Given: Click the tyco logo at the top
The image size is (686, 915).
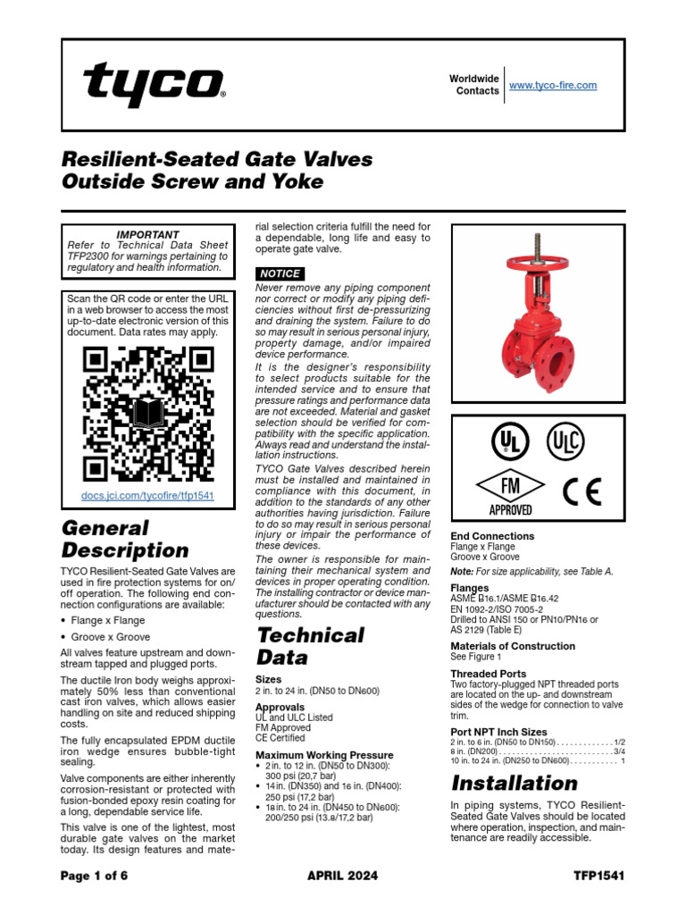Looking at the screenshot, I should pos(154,86).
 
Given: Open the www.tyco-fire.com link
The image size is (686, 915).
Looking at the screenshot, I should pos(552,86).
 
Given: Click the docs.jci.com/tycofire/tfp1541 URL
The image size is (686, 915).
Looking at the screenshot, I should pos(147,495).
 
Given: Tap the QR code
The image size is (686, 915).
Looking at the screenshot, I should pos(148,412).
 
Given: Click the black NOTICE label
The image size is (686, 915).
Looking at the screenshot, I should pos(280,273).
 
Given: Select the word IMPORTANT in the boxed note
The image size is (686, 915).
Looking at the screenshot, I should pos(148,235).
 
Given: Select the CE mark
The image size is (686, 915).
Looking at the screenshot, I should pos(581,491).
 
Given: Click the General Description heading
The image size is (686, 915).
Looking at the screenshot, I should pos(124,539).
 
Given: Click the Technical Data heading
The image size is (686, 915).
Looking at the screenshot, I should pos(310,646).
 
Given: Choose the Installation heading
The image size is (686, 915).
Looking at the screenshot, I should pos(514,784).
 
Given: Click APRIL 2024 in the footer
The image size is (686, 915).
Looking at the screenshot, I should pos(343,876).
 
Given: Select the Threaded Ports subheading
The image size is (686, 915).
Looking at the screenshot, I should pos(488,674).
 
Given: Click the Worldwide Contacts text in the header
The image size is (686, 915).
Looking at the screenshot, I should pos(474,85).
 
